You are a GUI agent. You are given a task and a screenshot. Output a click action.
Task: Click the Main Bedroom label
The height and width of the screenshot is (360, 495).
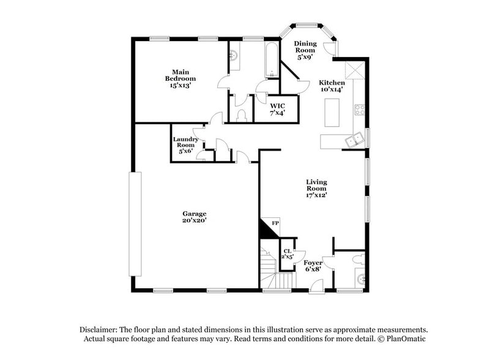point(180,78)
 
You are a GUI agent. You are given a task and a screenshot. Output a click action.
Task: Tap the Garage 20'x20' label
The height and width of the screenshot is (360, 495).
point(194,217)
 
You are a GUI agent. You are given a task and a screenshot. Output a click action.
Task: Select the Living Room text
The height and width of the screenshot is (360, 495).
point(317,189)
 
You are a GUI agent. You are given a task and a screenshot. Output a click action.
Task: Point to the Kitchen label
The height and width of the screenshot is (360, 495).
point(332,86)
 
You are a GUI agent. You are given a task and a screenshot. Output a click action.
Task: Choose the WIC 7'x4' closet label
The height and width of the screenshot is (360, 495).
point(277,109)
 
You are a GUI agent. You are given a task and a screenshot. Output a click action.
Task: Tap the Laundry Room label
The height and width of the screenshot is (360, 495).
point(185,145)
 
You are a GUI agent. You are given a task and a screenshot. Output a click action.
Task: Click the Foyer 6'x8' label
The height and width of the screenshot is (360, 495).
point(313,266)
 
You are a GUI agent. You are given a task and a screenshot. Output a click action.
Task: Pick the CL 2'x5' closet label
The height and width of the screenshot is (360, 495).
point(286,253)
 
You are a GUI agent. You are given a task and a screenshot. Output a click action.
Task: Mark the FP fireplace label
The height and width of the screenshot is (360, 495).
point(275,223)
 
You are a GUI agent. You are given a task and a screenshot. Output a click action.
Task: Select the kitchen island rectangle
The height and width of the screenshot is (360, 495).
point(333,113)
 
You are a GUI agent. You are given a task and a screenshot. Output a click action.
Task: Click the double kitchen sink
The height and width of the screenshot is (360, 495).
point(354,141)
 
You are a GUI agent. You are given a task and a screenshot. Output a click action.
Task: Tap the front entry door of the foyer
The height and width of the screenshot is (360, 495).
point(317,285)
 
